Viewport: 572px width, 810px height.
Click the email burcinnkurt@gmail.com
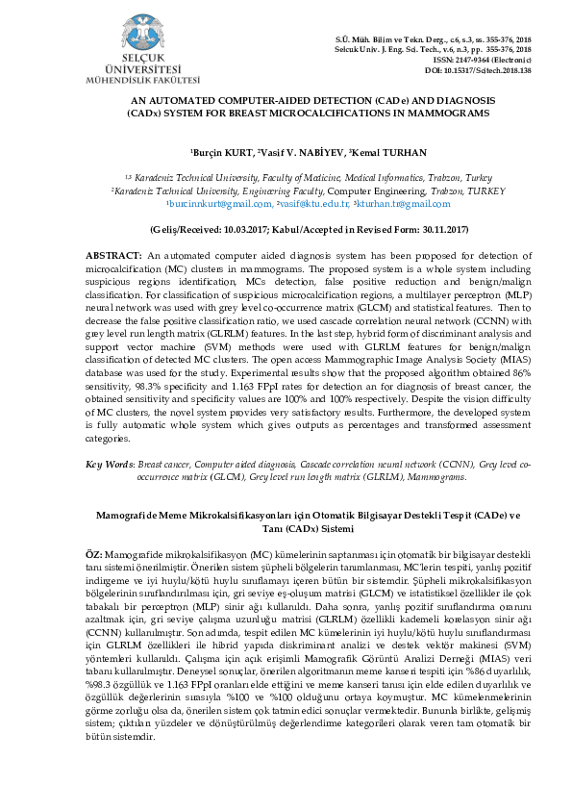[220, 204]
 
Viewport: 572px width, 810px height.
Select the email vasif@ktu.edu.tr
[312, 204]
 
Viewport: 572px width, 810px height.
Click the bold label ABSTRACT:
[114, 254]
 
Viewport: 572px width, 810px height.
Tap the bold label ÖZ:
[94, 557]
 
